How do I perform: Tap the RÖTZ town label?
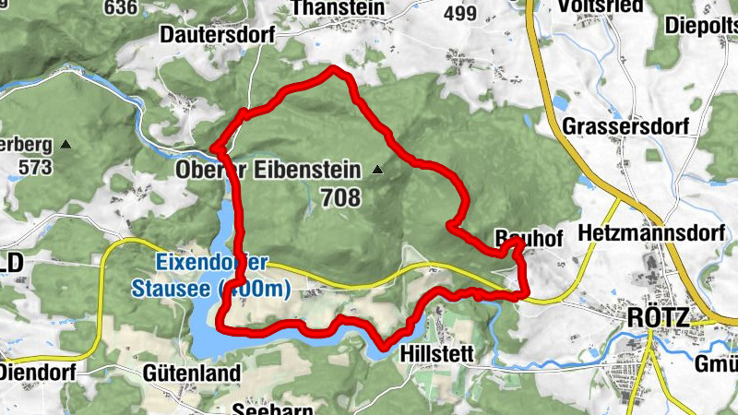pos(657,317)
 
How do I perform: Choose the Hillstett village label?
pos(437,354)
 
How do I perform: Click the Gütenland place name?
pos(179,373)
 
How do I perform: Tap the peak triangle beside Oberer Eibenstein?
pos(377,170)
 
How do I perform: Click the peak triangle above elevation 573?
pos(65,145)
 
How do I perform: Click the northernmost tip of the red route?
pos(334,69)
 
